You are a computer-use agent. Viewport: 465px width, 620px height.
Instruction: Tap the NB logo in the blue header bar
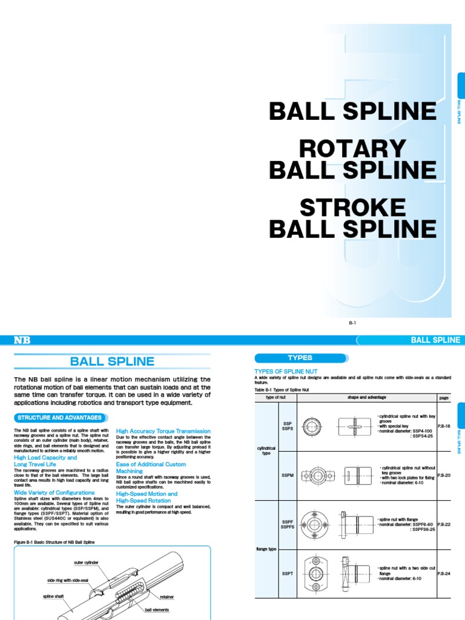point(22,340)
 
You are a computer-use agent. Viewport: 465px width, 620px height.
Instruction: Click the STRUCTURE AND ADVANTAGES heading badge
point(59,417)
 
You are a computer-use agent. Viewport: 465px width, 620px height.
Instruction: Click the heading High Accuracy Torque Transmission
point(163,430)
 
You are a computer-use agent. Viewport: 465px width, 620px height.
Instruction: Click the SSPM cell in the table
point(288,475)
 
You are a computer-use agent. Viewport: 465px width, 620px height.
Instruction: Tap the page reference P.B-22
point(444,524)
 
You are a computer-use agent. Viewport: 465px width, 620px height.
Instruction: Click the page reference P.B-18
point(444,426)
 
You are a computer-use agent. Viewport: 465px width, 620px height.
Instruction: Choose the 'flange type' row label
point(267,549)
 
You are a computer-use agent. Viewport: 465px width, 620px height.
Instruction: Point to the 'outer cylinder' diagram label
point(86,562)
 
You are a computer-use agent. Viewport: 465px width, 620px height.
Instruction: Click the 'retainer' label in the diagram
point(167,596)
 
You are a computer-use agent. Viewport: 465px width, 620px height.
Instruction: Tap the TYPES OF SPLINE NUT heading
point(286,371)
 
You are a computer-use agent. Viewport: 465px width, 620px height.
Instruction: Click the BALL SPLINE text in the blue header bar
point(435,340)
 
